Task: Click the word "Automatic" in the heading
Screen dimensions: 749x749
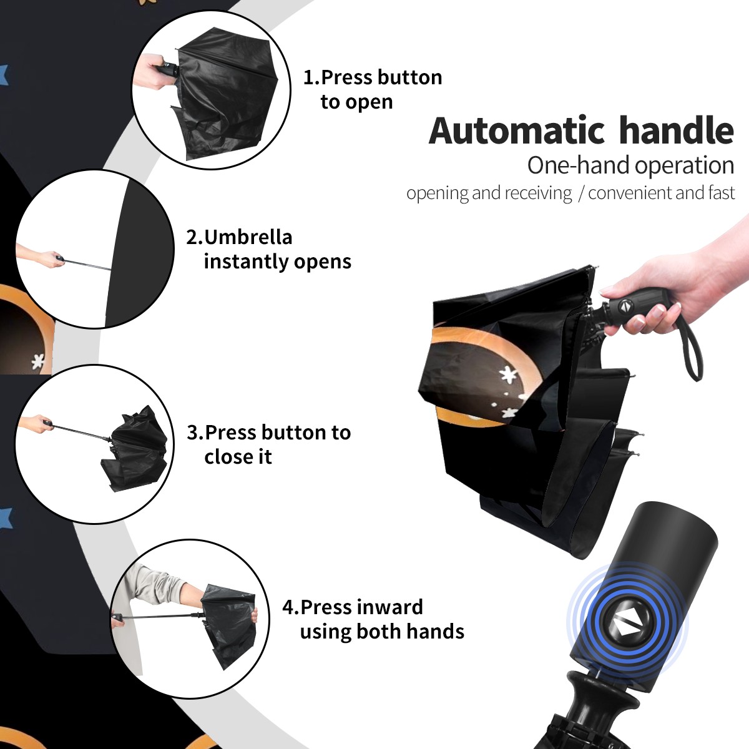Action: [517, 130]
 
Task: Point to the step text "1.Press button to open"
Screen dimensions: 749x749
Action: [373, 90]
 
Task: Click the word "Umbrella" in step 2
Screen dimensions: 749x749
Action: [248, 237]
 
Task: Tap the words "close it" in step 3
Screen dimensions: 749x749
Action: [238, 457]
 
